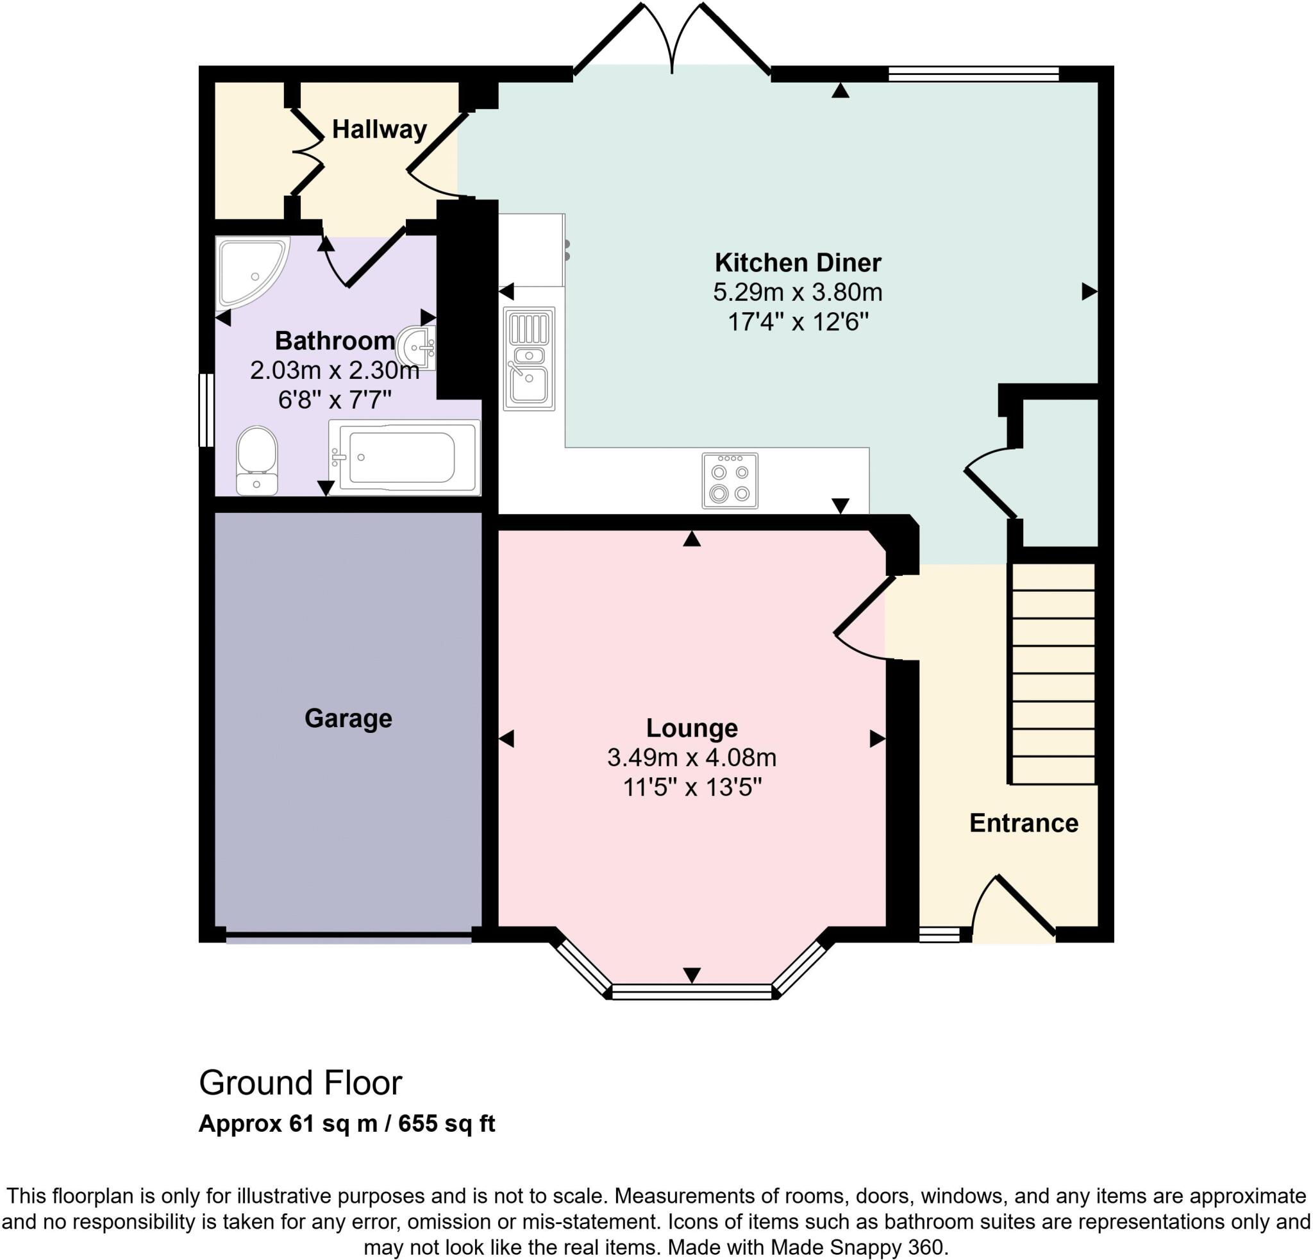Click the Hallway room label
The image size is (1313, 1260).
point(379,130)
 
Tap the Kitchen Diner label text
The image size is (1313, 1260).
point(797,263)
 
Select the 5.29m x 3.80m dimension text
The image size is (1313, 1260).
point(797,292)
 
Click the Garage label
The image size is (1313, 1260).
point(347,719)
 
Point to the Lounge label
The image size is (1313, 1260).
point(691,728)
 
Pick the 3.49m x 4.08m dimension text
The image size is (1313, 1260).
point(691,758)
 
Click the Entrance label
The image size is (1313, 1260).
point(1023,823)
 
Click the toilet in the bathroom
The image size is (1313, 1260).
point(256,461)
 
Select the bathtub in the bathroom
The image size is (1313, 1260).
point(404,458)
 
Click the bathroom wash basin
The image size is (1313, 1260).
point(418,347)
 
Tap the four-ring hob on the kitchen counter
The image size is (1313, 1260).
point(730,481)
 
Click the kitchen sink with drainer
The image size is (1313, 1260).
point(528,358)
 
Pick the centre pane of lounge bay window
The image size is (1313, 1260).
point(691,992)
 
